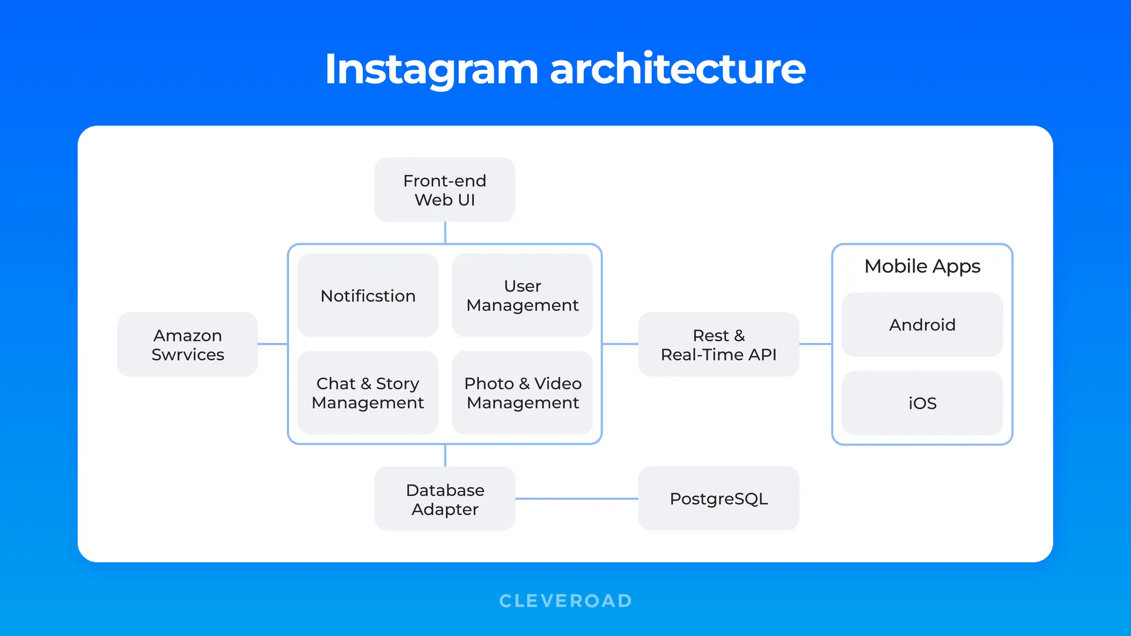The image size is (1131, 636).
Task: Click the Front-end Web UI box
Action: (444, 190)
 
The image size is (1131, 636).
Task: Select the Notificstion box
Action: (367, 295)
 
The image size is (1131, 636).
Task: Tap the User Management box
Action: (522, 295)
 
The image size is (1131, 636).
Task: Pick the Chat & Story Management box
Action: (367, 393)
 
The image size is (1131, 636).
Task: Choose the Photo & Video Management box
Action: (522, 393)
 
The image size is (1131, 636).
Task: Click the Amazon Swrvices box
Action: (187, 344)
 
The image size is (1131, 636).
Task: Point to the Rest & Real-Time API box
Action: (718, 344)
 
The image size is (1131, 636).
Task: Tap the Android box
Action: (922, 324)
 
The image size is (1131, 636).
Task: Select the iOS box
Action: (922, 403)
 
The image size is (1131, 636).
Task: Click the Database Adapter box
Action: (444, 499)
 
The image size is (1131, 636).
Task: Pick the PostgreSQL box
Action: (718, 499)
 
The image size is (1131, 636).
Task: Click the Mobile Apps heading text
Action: (922, 266)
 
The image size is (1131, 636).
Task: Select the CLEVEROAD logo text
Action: (565, 600)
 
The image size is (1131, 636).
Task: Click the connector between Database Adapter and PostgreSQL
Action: (576, 499)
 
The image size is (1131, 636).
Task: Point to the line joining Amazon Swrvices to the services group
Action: (273, 344)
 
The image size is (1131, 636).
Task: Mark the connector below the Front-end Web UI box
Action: (445, 233)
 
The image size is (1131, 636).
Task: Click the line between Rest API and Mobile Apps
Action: (815, 344)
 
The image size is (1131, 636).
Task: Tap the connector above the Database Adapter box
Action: (445, 455)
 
